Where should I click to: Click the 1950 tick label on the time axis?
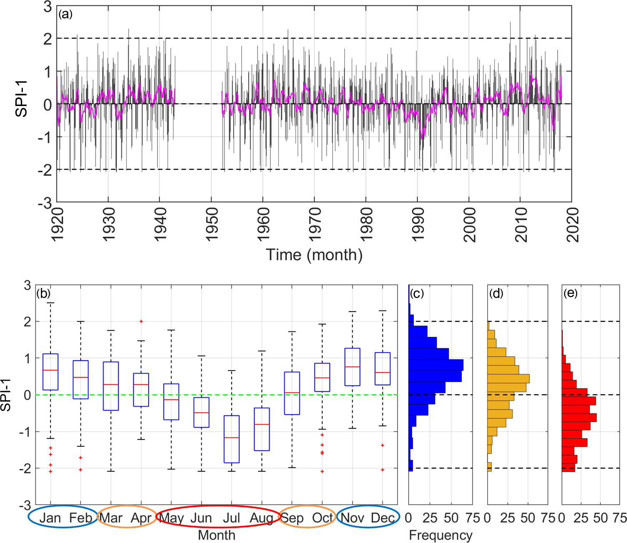point(212,224)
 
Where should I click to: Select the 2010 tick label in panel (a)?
point(521,224)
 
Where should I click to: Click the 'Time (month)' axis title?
point(314,255)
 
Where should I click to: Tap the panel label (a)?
point(66,14)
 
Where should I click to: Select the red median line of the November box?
point(352,367)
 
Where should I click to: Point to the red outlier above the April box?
point(141,321)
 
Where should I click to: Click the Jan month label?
point(50,518)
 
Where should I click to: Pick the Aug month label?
point(261,518)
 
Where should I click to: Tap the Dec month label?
point(382,518)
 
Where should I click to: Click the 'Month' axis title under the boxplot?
point(216,535)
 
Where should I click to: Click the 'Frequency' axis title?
point(440,535)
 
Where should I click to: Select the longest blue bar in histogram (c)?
point(436,365)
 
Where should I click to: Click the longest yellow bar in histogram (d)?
point(508,379)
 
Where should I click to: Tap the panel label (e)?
point(570,293)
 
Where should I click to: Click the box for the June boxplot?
point(202,412)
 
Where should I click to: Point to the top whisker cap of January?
point(51,303)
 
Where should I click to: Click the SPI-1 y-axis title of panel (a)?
point(21,98)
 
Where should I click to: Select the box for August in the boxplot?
point(262,429)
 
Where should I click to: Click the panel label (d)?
point(496,293)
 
